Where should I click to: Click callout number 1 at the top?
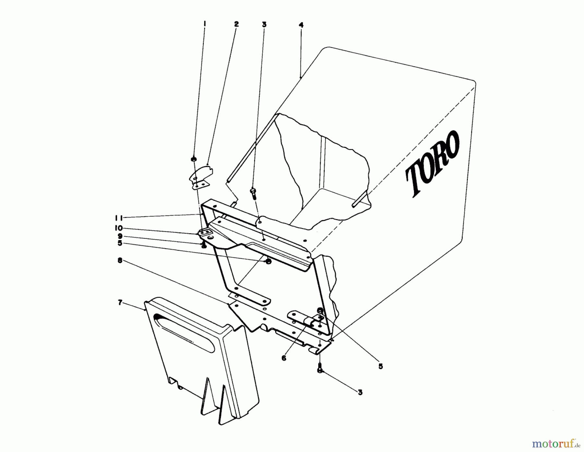click(205, 23)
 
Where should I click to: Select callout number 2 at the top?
click(236, 24)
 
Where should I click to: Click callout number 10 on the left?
click(119, 228)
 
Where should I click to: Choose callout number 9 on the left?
click(120, 236)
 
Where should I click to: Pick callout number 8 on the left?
click(120, 260)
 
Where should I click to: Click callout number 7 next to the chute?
click(120, 302)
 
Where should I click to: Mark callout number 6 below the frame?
click(284, 359)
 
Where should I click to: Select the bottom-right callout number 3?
click(360, 392)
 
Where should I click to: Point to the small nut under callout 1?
click(194, 159)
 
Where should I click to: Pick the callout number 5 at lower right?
click(381, 366)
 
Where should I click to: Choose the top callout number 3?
click(264, 24)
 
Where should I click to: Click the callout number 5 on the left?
click(120, 243)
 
